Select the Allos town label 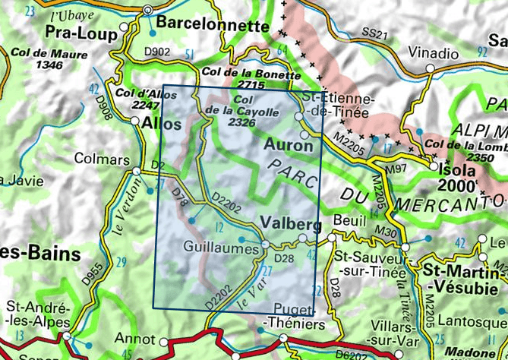pos(162,124)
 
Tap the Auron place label pos(286,143)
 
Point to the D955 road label pos(89,274)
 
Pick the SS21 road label pos(374,34)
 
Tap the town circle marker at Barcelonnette pos(148,10)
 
